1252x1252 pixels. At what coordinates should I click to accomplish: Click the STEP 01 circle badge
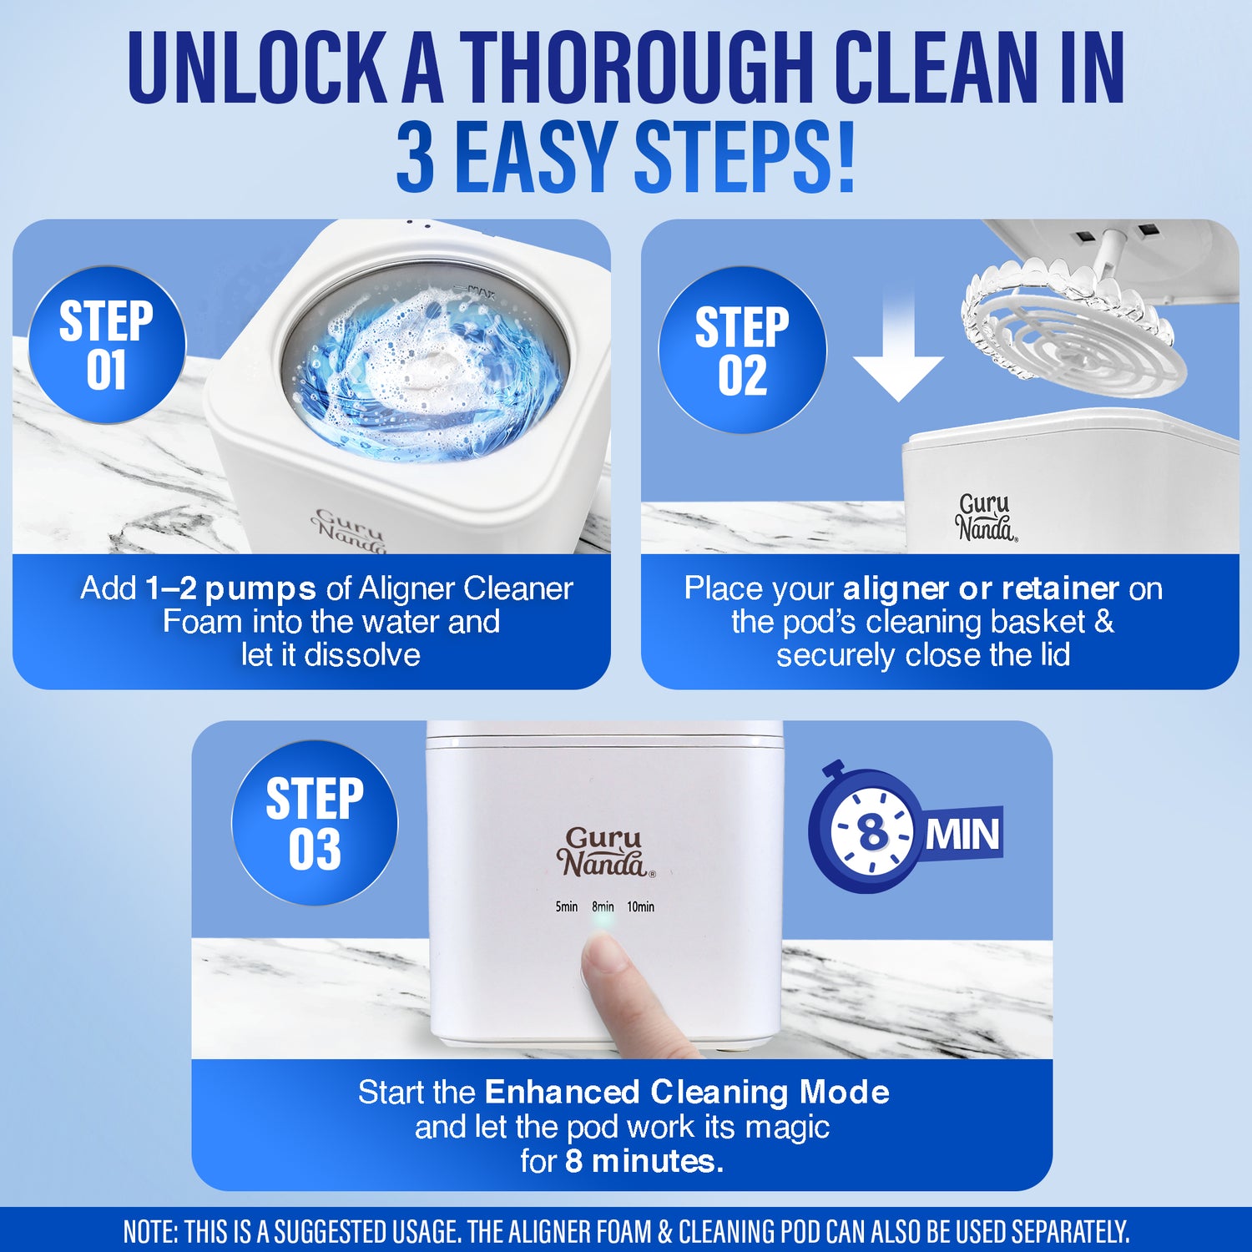[107, 345]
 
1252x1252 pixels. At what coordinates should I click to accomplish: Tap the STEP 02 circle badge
[742, 350]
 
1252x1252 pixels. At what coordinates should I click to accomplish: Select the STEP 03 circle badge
[315, 823]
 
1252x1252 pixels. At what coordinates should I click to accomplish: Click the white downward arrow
[898, 351]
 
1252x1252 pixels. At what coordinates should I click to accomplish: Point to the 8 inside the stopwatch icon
[872, 831]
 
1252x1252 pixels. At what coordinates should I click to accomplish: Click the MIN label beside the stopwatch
[962, 834]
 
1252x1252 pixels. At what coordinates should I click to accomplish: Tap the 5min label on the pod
[567, 906]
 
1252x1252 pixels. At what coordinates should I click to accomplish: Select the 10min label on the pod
[640, 906]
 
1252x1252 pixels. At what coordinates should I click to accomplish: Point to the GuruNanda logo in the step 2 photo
[985, 517]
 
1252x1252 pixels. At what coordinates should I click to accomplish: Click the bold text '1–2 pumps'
[230, 588]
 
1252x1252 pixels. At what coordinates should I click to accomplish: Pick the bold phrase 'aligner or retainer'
[981, 588]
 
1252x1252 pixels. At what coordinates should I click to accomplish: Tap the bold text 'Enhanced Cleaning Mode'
[687, 1092]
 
